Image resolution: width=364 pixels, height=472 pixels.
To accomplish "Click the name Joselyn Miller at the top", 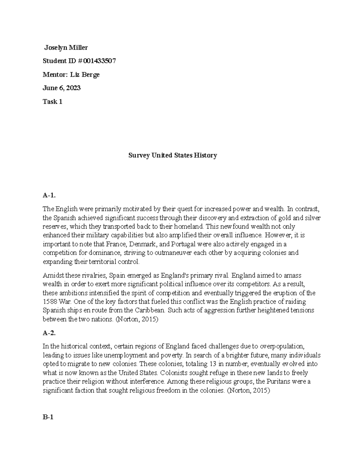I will pyautogui.click(x=66, y=47).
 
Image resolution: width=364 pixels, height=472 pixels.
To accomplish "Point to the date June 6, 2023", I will pyautogui.click(x=62, y=88).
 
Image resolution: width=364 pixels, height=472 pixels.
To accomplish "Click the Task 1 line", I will pyautogui.click(x=52, y=102).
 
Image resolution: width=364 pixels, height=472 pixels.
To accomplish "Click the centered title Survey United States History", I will pyautogui.click(x=173, y=156).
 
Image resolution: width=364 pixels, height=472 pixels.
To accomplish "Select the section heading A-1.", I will pyautogui.click(x=49, y=195).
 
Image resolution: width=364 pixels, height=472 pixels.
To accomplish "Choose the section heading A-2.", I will pyautogui.click(x=49, y=333).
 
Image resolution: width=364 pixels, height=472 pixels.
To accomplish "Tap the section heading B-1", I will pyautogui.click(x=48, y=417).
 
